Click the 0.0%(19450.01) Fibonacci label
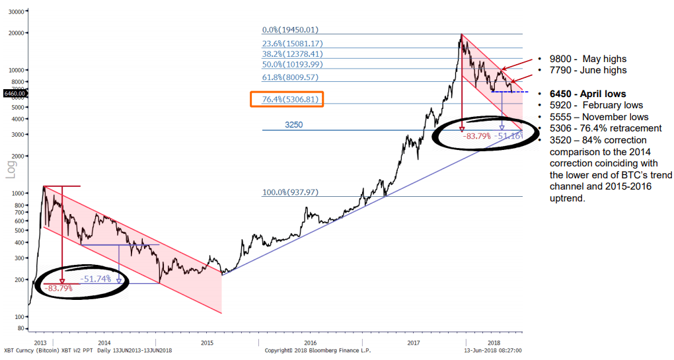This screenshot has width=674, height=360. coord(291,30)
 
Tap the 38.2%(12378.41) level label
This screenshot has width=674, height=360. coord(291,54)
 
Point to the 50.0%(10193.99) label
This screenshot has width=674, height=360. coord(291,64)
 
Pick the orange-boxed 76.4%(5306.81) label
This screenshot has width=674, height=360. coord(287,100)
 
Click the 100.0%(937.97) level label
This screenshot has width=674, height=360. coord(291,192)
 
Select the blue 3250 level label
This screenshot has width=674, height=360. coord(295,124)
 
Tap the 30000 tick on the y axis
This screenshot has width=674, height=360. coord(15,12)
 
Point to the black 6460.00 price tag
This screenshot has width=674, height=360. coord(14,94)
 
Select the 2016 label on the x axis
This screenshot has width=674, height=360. coord(311,343)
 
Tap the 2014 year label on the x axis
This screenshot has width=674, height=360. coord(104,343)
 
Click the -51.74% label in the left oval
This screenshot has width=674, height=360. coord(96,279)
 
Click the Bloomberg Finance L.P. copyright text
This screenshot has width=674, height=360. coord(310,350)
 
